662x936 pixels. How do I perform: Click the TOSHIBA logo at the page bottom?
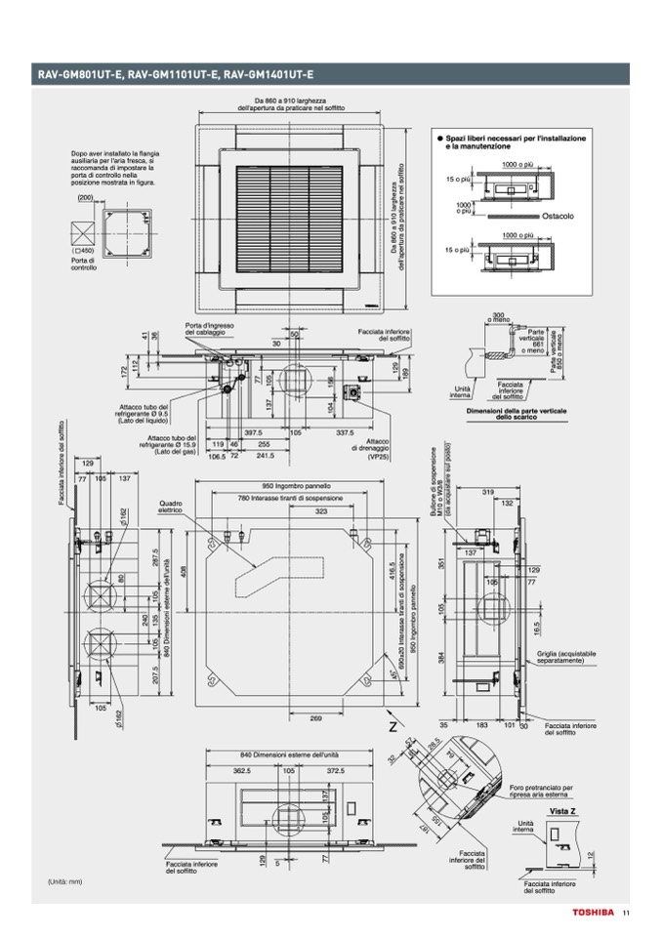tap(592, 914)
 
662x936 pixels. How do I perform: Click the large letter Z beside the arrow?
tap(393, 727)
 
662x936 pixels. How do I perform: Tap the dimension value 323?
tap(321, 510)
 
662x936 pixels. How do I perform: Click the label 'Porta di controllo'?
tap(83, 264)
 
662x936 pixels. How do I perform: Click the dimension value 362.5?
tap(242, 770)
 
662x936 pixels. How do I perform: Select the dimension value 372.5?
tap(336, 770)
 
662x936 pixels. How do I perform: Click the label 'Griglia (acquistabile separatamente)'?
tap(566, 657)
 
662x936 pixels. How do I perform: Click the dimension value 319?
tap(489, 492)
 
